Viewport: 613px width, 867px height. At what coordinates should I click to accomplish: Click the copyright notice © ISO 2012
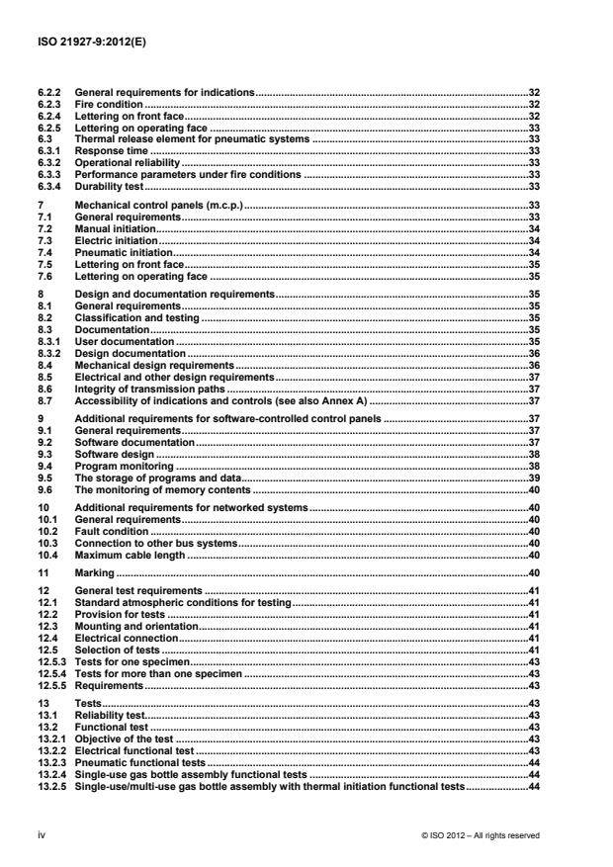(x=480, y=834)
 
